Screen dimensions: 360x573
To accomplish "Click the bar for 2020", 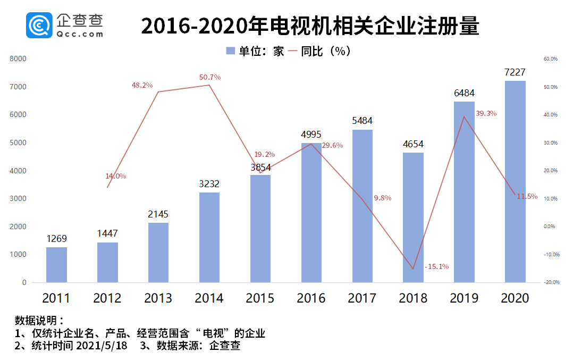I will [x=515, y=182].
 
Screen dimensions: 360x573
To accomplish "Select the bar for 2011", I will [x=56, y=265].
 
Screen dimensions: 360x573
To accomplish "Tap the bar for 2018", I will [x=413, y=217].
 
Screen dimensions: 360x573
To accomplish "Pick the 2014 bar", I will [x=209, y=237].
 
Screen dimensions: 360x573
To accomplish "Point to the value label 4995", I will [x=311, y=135].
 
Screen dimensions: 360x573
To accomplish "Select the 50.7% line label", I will [x=210, y=77].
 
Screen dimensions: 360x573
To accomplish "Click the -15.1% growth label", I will [x=437, y=266].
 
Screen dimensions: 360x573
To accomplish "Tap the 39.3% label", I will [x=486, y=113].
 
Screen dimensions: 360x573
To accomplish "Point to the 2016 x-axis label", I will [x=311, y=298].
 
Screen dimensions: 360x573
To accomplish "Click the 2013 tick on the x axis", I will [x=158, y=298].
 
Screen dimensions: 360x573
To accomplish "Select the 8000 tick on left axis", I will [x=18, y=59].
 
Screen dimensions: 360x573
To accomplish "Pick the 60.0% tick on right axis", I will [x=550, y=59].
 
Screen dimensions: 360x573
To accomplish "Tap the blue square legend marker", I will [x=230, y=51].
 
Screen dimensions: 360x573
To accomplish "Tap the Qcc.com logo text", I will [x=79, y=34].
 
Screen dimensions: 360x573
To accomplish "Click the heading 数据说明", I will [x=39, y=321].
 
